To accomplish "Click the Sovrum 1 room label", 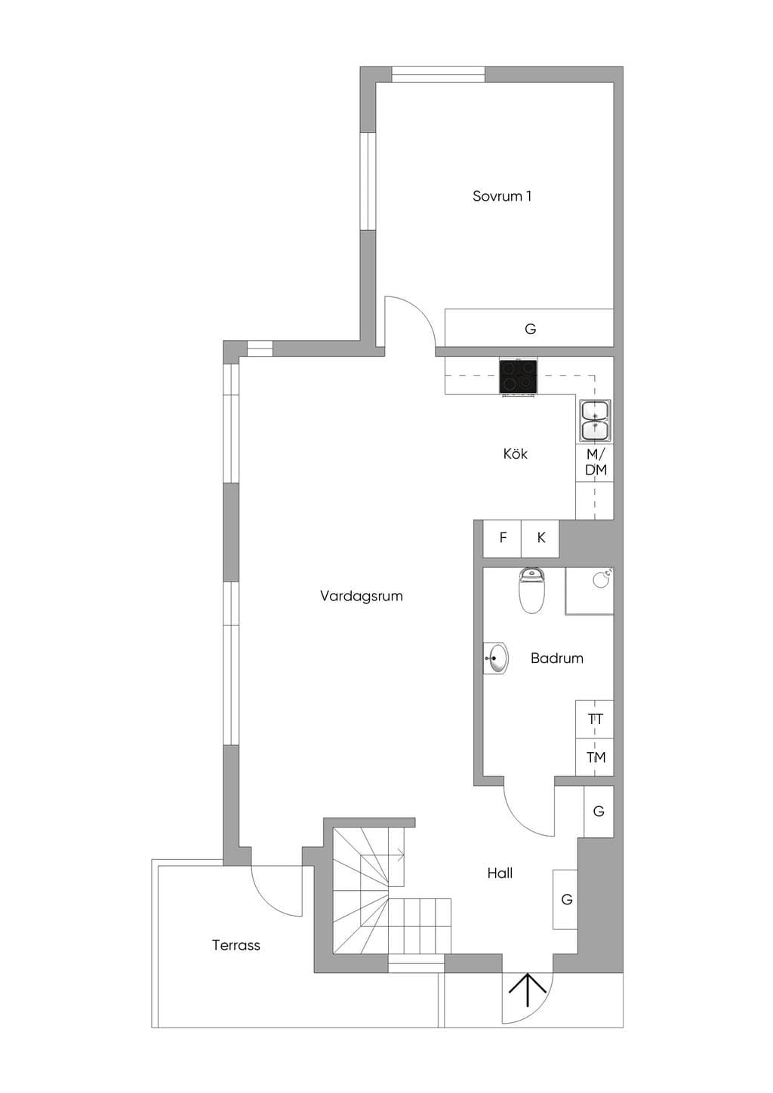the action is click(501, 196).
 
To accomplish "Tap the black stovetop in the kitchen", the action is click(518, 376).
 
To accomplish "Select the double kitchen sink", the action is click(595, 421).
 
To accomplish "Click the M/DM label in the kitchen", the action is click(596, 462).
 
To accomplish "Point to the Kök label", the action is click(515, 454).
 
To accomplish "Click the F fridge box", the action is click(503, 539).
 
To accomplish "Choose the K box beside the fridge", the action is click(540, 539).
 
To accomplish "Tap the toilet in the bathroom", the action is click(531, 590).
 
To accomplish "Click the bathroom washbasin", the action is click(496, 659).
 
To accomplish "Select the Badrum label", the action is click(556, 659).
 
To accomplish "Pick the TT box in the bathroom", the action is click(595, 719).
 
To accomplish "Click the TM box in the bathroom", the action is click(595, 757).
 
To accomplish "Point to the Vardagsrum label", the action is click(362, 596).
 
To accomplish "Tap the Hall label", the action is click(500, 873).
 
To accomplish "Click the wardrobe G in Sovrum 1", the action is click(529, 328).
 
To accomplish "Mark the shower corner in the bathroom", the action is click(590, 591).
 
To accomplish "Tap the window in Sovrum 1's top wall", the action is click(438, 75).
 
